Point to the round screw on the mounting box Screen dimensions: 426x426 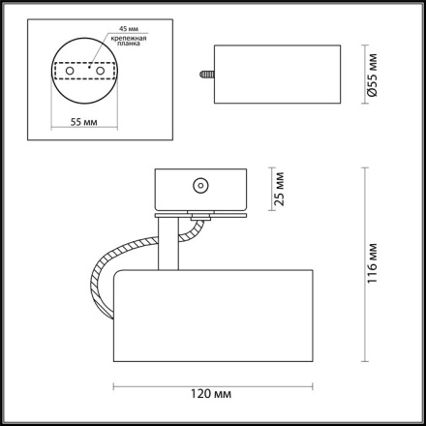[200, 183]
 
